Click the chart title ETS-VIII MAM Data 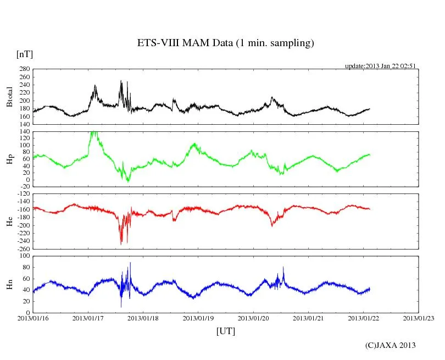[x=225, y=43]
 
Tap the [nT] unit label [x=25, y=54]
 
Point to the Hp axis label [x=9, y=159]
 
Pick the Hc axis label [x=9, y=221]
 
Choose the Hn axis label [x=9, y=284]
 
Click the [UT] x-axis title [x=226, y=331]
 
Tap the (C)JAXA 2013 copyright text [x=390, y=345]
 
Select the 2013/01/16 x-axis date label [x=33, y=318]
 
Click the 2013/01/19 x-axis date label [x=198, y=318]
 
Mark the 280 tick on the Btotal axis [x=24, y=69]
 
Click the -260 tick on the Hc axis [x=23, y=248]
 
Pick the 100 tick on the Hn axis [x=25, y=256]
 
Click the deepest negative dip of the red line [x=121, y=245]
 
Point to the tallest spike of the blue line [x=130, y=263]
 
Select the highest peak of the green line [x=93, y=132]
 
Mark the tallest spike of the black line [x=121, y=81]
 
